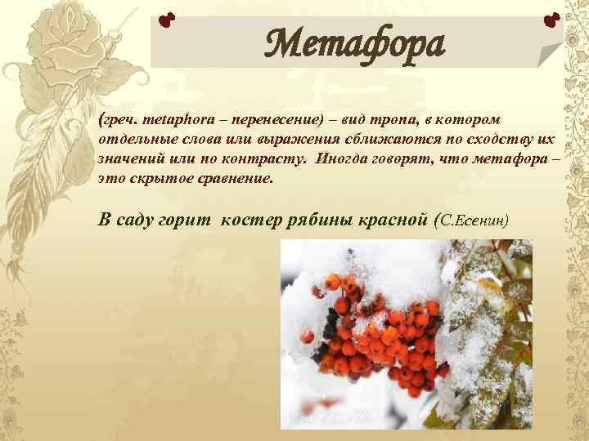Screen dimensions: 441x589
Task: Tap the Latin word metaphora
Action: (x=170, y=121)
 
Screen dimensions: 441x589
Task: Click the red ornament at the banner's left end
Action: (x=167, y=18)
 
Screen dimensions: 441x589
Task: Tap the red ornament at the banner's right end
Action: (x=551, y=18)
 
